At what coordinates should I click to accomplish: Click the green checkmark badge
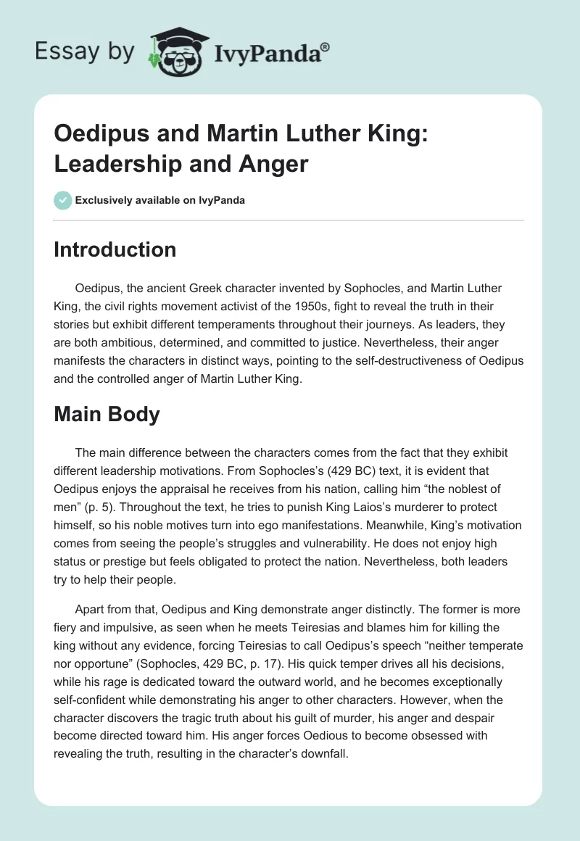pos(62,200)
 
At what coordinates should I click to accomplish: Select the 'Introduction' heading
pos(115,249)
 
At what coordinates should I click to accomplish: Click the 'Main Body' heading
pos(107,415)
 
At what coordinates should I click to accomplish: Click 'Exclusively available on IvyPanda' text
pos(160,200)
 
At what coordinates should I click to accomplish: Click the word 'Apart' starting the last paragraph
pos(90,609)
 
